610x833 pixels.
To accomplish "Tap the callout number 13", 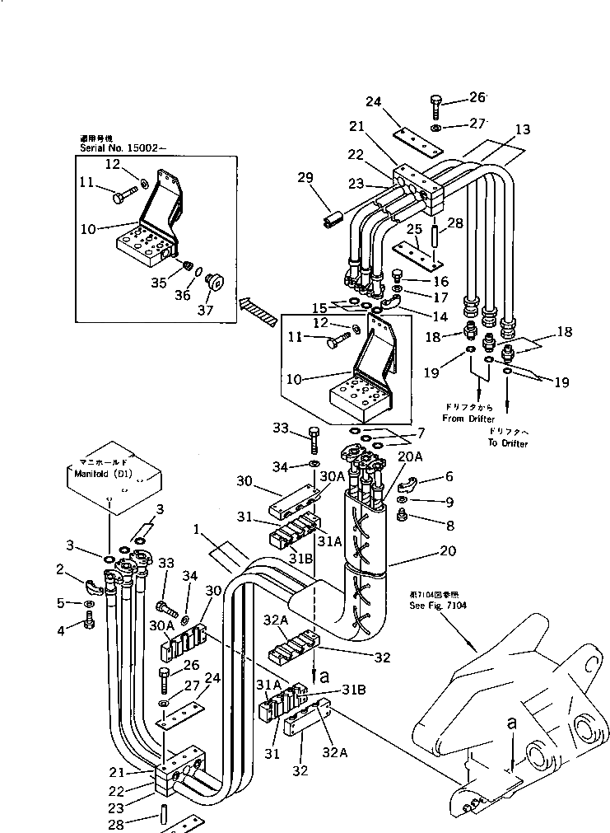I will pos(524,129).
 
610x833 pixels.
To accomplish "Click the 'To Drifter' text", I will pos(507,444).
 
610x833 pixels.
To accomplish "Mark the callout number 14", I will pos(417,316).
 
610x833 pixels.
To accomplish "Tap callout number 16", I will pos(420,281).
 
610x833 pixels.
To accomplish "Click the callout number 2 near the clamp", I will pos(60,569).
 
